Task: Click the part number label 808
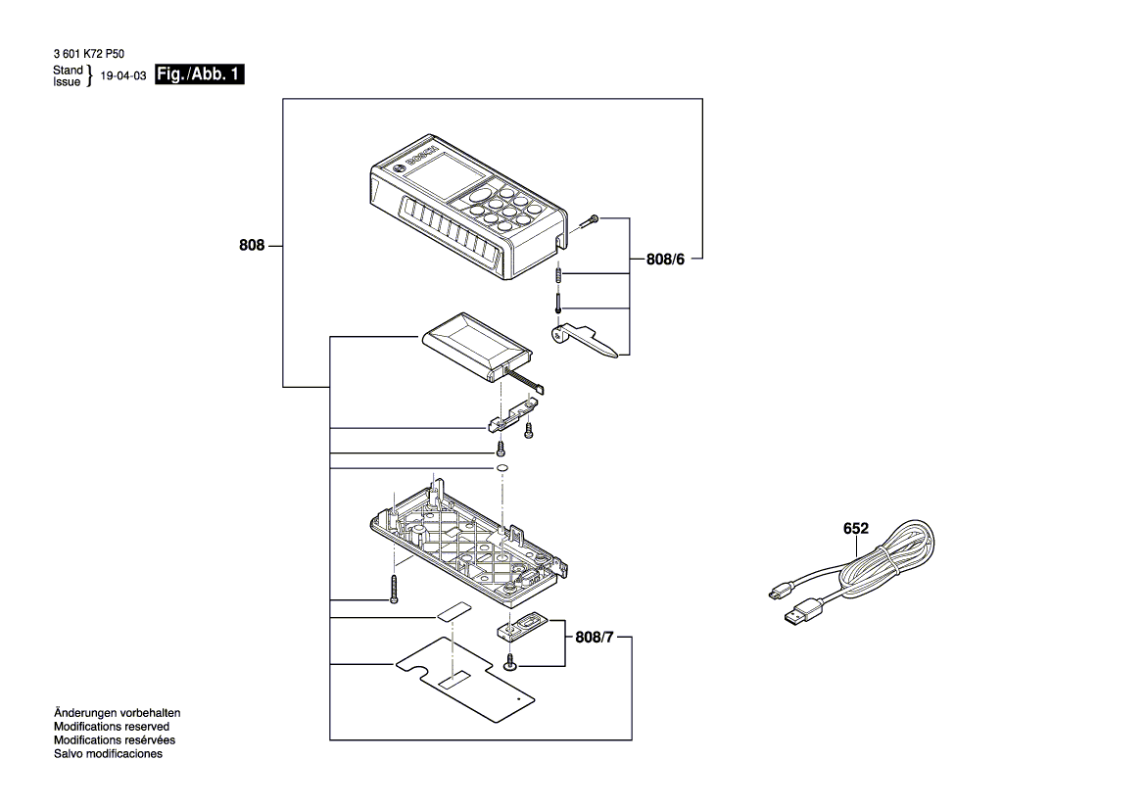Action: coord(252,247)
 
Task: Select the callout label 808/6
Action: coord(671,260)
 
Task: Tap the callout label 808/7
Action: coord(596,639)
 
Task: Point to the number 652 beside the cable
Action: coord(856,528)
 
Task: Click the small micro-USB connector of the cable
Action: coord(776,593)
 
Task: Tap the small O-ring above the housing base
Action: coord(501,469)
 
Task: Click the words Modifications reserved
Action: coord(112,727)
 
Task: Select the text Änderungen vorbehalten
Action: coord(118,713)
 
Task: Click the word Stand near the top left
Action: coord(68,71)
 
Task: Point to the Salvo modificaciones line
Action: coord(108,754)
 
